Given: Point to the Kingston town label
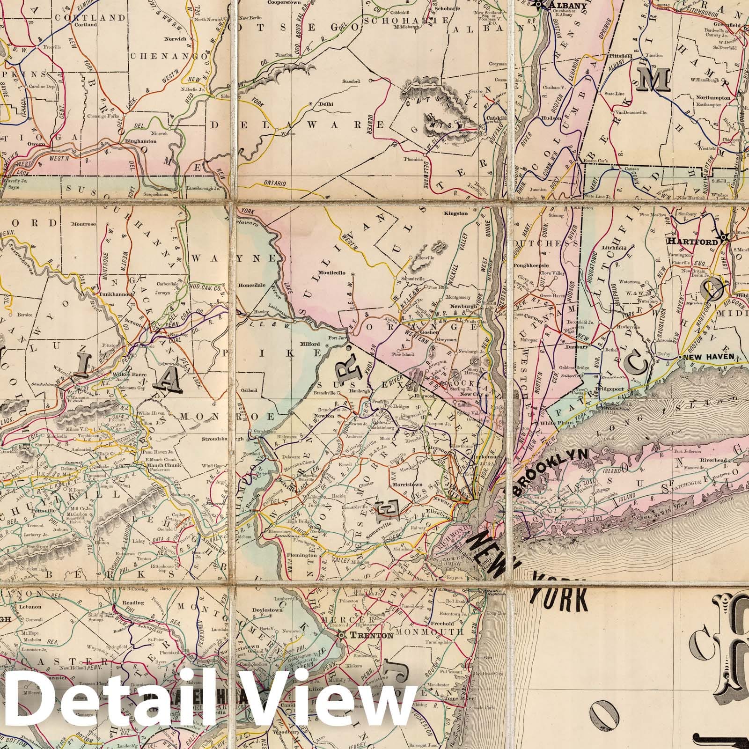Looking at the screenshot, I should [x=456, y=213].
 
